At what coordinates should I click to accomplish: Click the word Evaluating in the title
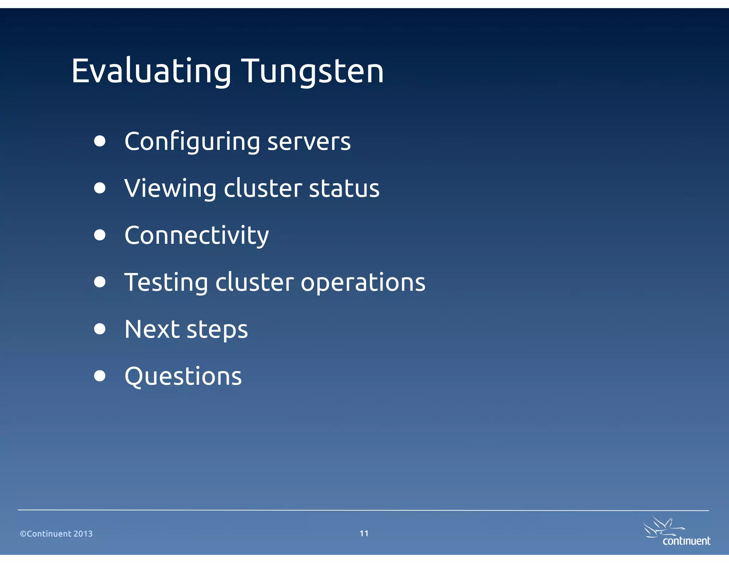[x=151, y=71]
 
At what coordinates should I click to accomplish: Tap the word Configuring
[x=192, y=142]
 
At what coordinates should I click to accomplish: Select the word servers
[x=309, y=142]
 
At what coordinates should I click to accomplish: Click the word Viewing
[x=170, y=188]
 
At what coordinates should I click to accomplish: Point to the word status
[x=344, y=188]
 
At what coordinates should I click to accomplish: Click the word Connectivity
[x=196, y=236]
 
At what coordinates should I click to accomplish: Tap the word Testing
[x=166, y=283]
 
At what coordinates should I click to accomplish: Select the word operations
[x=363, y=283]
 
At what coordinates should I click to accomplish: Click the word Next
[x=152, y=329]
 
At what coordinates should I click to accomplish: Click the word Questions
[x=183, y=377]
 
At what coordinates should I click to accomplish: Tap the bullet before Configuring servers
[x=100, y=141]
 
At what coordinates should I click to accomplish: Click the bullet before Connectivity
[x=100, y=235]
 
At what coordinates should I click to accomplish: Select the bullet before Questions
[x=100, y=376]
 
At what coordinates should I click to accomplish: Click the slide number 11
[x=364, y=533]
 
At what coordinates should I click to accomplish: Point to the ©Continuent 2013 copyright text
[x=56, y=533]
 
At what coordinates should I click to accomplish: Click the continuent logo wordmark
[x=686, y=541]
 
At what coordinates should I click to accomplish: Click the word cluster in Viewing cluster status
[x=263, y=188]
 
